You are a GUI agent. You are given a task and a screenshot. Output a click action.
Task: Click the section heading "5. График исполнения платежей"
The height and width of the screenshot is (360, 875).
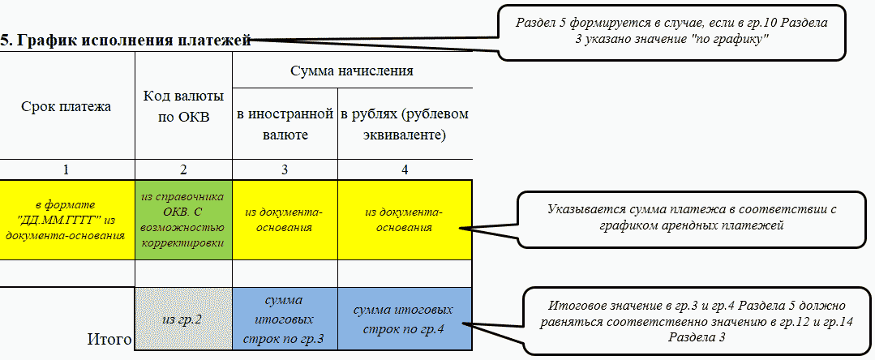click(x=125, y=39)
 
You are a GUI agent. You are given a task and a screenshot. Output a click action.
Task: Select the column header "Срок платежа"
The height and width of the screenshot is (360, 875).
click(x=66, y=106)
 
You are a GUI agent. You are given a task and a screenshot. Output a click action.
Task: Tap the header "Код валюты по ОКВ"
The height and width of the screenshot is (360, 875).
click(x=183, y=106)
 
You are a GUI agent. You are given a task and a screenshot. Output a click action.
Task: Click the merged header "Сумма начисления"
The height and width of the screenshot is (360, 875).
click(x=352, y=71)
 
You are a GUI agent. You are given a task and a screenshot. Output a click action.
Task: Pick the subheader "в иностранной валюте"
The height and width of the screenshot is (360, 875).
click(x=285, y=124)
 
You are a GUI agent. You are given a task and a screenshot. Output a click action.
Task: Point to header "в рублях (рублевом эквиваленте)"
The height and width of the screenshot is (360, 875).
click(x=405, y=124)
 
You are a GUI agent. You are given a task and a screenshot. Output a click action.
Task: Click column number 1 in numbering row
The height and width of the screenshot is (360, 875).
click(x=66, y=169)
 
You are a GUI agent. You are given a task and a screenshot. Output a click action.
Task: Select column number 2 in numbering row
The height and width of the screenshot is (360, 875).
click(x=183, y=169)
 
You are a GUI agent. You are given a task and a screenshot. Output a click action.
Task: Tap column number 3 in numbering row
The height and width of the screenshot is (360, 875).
click(x=285, y=169)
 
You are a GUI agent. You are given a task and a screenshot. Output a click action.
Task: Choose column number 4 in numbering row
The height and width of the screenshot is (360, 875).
click(x=405, y=169)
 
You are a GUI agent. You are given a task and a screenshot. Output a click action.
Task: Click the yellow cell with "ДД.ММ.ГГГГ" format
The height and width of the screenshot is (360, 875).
click(x=66, y=220)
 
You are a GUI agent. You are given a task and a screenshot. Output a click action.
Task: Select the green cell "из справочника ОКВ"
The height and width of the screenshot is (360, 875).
click(x=183, y=220)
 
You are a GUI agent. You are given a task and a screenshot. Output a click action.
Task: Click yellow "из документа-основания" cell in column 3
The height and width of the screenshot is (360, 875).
click(x=285, y=220)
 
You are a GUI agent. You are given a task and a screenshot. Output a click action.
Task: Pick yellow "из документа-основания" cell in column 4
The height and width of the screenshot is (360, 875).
click(x=405, y=220)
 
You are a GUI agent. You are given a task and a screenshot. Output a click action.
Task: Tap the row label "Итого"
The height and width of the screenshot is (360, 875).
click(x=109, y=340)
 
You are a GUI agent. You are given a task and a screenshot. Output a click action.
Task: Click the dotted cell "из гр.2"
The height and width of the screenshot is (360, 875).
click(x=183, y=319)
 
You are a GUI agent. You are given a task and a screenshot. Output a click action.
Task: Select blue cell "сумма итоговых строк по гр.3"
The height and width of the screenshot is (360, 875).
click(x=285, y=319)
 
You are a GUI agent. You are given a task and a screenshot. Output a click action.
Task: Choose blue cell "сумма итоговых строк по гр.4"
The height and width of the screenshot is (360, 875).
click(x=405, y=319)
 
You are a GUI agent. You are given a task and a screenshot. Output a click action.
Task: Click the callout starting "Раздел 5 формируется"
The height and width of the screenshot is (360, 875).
click(x=671, y=31)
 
